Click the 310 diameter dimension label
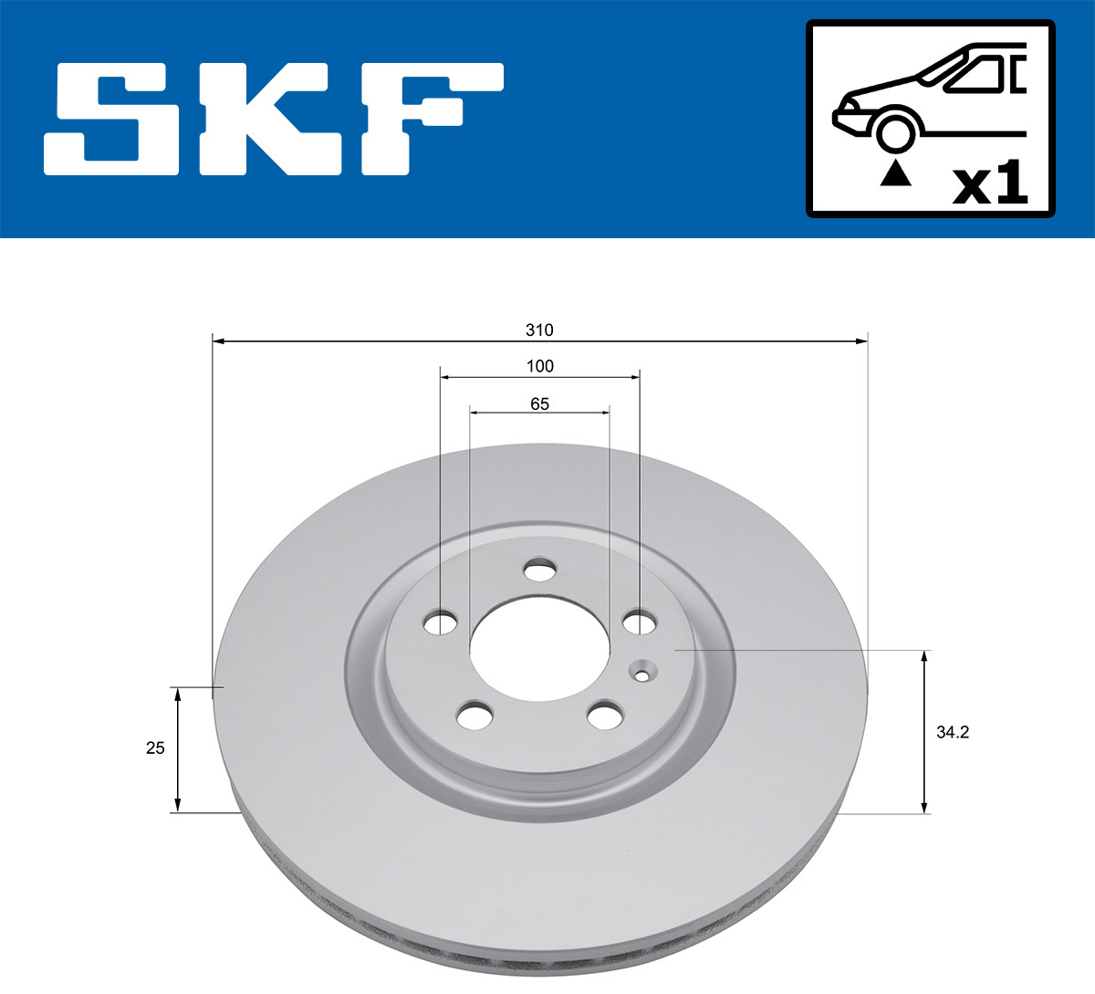tap(539, 330)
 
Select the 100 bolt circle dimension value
tap(540, 366)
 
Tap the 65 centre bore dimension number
tap(539, 403)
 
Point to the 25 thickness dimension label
tap(155, 748)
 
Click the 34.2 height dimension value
tap(953, 732)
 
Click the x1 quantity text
tap(990, 183)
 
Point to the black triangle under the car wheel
tap(895, 173)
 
